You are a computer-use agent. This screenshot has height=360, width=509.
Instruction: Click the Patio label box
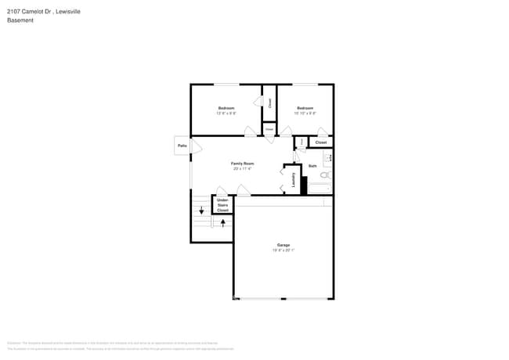pos(182,146)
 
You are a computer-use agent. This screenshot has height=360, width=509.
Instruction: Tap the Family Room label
pos(243,164)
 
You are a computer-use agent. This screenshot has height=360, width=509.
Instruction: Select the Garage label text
pos(283,245)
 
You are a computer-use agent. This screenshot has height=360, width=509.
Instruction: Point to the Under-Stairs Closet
pos(222,205)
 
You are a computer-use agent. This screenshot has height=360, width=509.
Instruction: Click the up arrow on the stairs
pos(223,222)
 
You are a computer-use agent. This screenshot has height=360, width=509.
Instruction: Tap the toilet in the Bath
pos(325,175)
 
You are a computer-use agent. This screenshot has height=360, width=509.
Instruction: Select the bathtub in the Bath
pos(320,189)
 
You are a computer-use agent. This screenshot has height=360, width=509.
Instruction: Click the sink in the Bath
pos(329,159)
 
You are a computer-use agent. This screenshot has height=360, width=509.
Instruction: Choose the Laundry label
pos(294,181)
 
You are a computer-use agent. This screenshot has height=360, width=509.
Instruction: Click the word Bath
pos(312,166)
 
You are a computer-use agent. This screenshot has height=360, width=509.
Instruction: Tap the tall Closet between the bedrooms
pos(269,103)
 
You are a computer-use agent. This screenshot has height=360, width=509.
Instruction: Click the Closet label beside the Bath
pos(321,142)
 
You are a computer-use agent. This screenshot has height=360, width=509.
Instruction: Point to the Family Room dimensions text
pos(243,169)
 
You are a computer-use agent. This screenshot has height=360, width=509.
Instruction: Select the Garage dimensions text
pos(283,250)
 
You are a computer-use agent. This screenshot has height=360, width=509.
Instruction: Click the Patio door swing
pos(196,146)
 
